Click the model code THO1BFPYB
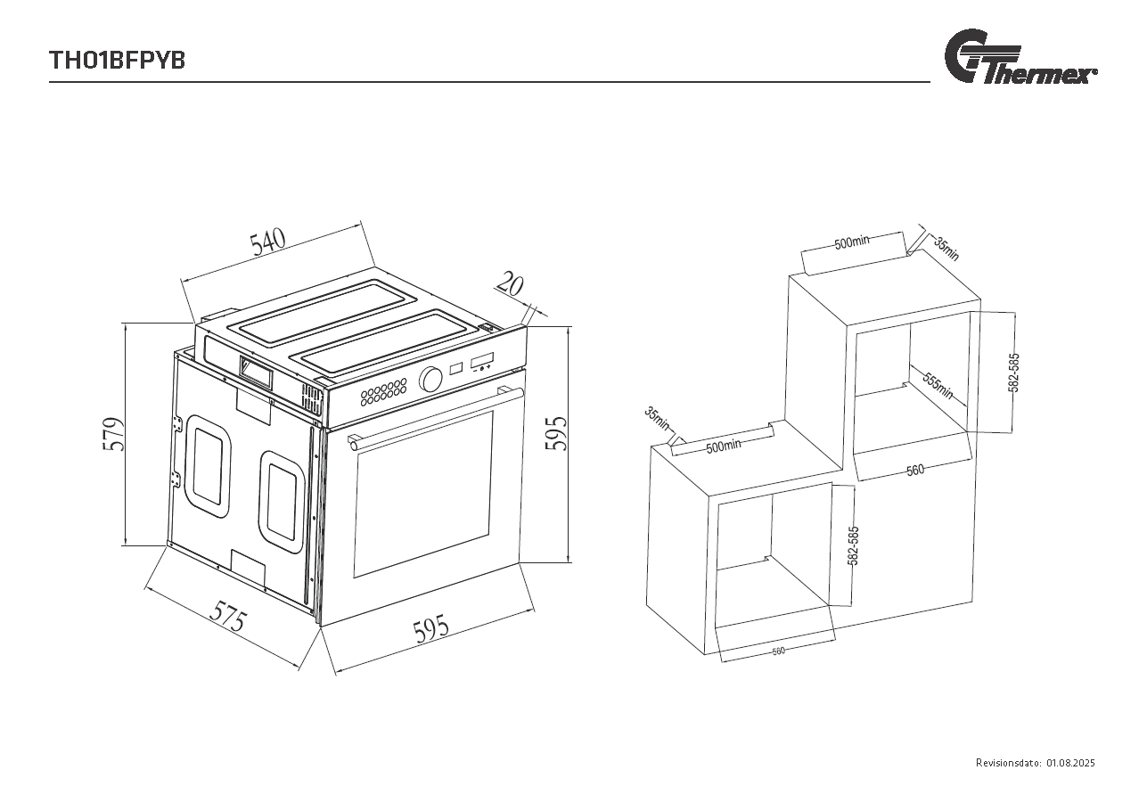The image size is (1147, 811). [x=117, y=61]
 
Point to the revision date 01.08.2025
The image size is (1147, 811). [x=1070, y=763]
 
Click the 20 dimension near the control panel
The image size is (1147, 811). [x=509, y=284]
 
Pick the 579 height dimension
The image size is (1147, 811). [x=113, y=434]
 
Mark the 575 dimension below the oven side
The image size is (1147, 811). [x=228, y=616]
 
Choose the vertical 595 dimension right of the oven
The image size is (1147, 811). [x=556, y=433]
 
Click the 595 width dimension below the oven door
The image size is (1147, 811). [x=431, y=630]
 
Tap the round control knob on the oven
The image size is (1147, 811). [x=431, y=380]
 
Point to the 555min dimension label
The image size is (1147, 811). [x=938, y=387]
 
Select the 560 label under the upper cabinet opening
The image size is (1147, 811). [x=915, y=471]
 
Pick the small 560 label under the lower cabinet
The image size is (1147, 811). [x=778, y=651]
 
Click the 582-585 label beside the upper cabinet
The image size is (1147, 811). [x=1013, y=373]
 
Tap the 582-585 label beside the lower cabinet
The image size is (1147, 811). [x=853, y=546]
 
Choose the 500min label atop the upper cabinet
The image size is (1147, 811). [x=852, y=242]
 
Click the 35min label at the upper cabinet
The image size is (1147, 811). [x=946, y=247]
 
